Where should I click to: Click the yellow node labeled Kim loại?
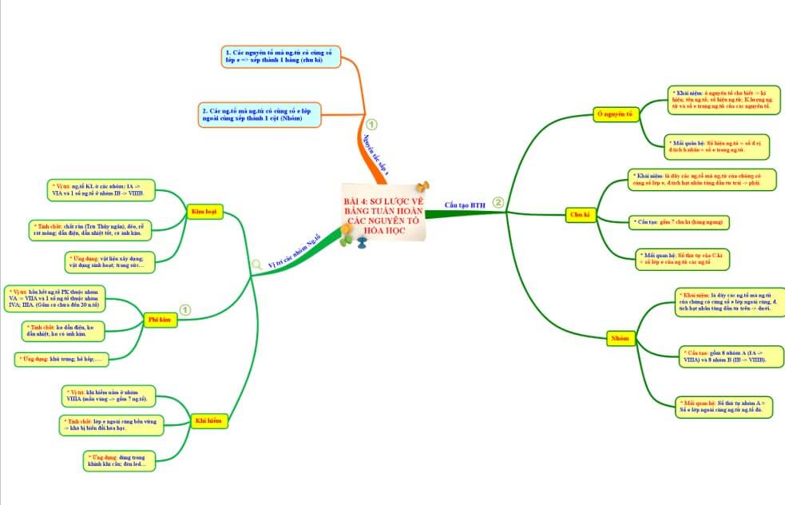[x=203, y=212]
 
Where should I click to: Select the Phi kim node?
[x=160, y=320]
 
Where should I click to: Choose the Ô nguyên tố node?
[x=617, y=114]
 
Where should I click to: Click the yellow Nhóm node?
[x=620, y=339]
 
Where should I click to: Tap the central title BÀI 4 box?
[x=382, y=214]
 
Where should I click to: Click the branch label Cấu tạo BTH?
[x=465, y=205]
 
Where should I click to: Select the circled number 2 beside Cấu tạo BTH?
[x=498, y=203]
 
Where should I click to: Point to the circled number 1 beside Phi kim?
[x=185, y=309]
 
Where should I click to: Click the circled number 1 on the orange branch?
[x=371, y=125]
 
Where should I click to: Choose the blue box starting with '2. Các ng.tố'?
[x=259, y=114]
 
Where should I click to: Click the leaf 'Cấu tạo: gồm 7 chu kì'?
[x=680, y=221]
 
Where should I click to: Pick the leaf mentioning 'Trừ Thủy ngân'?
[x=94, y=229]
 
